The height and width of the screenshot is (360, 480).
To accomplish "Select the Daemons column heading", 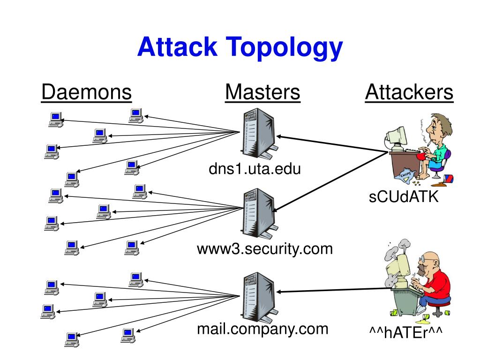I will click(x=86, y=92).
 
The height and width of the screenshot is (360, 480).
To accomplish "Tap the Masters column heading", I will click(x=262, y=92).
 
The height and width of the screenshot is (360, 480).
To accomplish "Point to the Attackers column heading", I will click(x=409, y=92).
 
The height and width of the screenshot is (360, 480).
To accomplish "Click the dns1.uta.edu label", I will click(x=255, y=169).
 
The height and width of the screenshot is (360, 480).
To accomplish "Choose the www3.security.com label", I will click(x=265, y=248).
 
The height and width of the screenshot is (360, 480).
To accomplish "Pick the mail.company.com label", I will click(x=262, y=329).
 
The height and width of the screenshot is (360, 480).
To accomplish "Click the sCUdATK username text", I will click(x=404, y=197).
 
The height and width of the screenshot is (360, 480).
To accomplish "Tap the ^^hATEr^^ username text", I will click(x=406, y=332).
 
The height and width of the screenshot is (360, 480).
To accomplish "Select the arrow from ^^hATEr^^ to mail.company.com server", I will click(x=335, y=291).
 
